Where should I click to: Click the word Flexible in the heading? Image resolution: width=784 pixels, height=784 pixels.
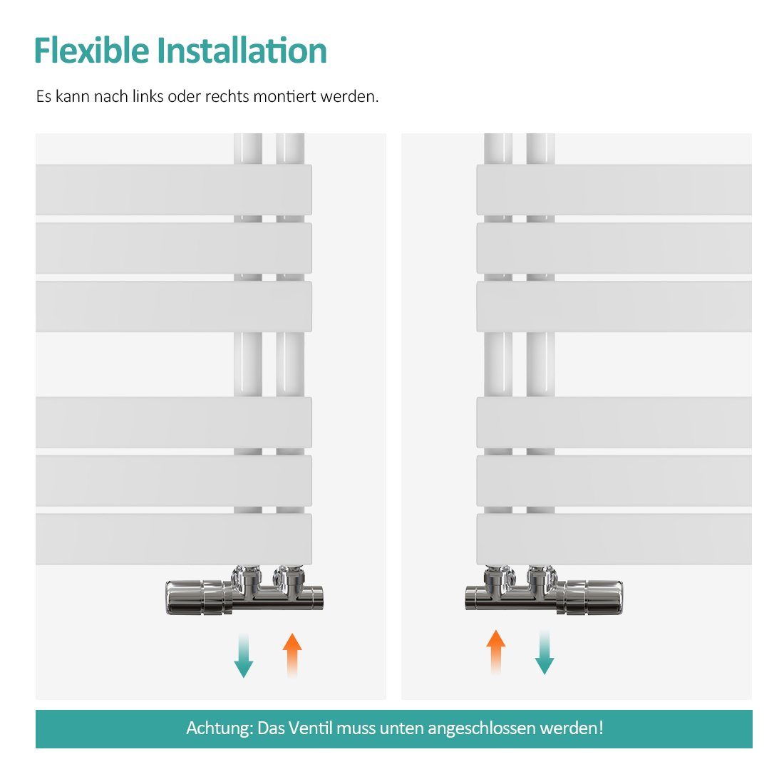click(92, 50)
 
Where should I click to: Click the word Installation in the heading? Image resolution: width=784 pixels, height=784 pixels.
click(242, 50)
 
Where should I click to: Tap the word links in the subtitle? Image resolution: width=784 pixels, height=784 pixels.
click(148, 96)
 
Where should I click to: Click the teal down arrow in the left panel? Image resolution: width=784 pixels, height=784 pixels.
click(244, 656)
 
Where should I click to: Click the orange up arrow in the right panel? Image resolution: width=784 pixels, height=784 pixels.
click(495, 652)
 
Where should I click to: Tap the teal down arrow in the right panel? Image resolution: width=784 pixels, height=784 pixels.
click(544, 652)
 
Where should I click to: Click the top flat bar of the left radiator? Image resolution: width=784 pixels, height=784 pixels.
click(173, 190)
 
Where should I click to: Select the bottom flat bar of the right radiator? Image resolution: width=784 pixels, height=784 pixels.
click(614, 539)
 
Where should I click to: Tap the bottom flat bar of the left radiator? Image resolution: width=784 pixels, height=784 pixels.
click(173, 539)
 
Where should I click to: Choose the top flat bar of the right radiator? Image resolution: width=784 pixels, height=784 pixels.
click(614, 190)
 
